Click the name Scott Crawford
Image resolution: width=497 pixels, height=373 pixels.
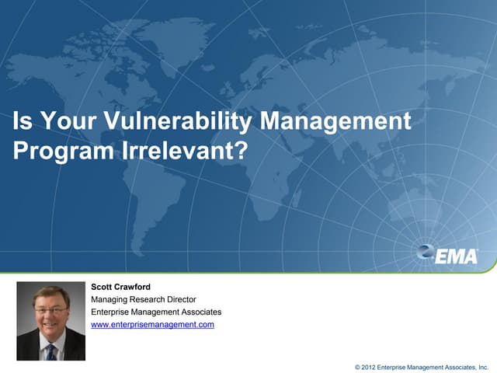121,287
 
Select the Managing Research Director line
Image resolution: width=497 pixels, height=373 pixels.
144,299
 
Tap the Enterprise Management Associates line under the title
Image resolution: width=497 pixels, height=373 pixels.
156,312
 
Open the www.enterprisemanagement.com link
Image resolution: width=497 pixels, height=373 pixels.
152,324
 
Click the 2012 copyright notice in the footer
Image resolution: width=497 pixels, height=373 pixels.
421,364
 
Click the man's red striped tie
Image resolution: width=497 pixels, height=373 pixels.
51,352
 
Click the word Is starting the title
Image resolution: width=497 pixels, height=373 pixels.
22,122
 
